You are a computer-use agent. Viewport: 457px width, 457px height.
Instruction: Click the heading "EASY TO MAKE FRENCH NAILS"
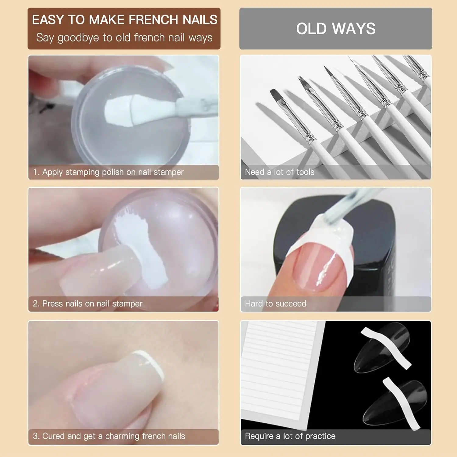click(124, 20)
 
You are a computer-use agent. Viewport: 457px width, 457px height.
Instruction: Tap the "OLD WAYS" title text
click(336, 29)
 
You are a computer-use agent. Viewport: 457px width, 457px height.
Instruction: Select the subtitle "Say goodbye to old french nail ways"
click(124, 38)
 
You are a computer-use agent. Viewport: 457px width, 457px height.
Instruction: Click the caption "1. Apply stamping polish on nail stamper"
click(108, 172)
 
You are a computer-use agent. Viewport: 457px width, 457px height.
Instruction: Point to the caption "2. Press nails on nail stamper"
click(87, 304)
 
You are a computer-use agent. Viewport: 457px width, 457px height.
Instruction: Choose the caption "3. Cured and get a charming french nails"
click(109, 436)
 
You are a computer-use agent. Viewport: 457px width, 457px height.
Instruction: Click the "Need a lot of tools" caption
click(279, 172)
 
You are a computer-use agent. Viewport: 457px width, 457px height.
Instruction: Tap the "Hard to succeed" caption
click(275, 304)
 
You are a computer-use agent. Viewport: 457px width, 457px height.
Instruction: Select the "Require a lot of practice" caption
click(290, 436)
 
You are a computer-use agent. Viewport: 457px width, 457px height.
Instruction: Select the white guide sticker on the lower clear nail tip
click(401, 402)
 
